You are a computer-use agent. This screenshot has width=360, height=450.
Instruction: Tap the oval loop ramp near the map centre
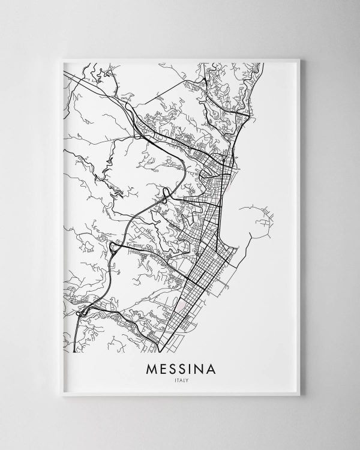pos(166,193)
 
